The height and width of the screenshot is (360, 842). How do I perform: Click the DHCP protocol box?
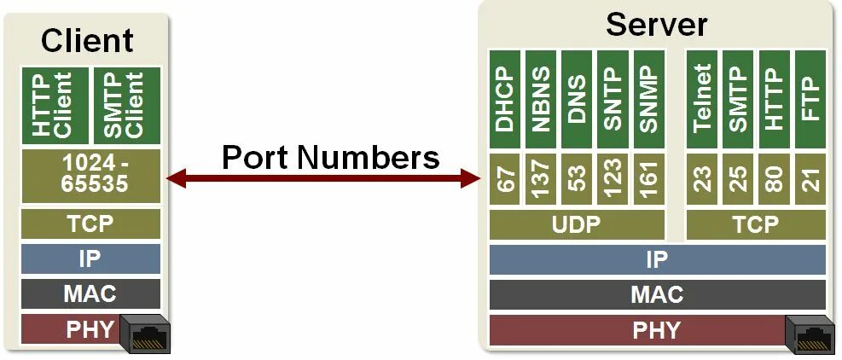click(x=506, y=99)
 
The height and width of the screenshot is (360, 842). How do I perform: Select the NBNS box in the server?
click(x=541, y=99)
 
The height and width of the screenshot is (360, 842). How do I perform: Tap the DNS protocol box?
click(x=577, y=99)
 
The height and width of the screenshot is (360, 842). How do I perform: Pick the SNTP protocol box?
click(x=613, y=99)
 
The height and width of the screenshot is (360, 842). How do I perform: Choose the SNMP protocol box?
click(x=648, y=99)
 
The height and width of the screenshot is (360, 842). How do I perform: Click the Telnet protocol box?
click(x=702, y=99)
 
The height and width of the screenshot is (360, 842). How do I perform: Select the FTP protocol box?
click(x=810, y=99)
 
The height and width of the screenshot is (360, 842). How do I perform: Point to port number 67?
click(x=506, y=180)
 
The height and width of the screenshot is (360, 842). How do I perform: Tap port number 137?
click(x=541, y=180)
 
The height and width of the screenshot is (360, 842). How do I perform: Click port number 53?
click(x=577, y=180)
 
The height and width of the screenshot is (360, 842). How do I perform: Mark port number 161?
click(x=648, y=180)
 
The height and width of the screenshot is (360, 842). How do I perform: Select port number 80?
click(x=774, y=180)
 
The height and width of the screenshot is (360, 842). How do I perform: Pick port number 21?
click(x=810, y=180)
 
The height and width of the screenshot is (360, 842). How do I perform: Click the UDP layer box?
click(x=577, y=225)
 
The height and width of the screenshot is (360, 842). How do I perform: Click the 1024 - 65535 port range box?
click(x=90, y=176)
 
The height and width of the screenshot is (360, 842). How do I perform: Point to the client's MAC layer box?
click(x=90, y=294)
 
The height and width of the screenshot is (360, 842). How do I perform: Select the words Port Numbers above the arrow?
click(x=330, y=157)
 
